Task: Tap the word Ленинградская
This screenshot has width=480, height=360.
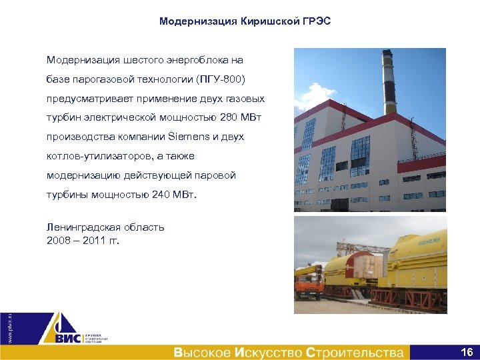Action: point(80,227)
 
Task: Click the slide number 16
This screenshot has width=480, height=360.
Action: point(467,351)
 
